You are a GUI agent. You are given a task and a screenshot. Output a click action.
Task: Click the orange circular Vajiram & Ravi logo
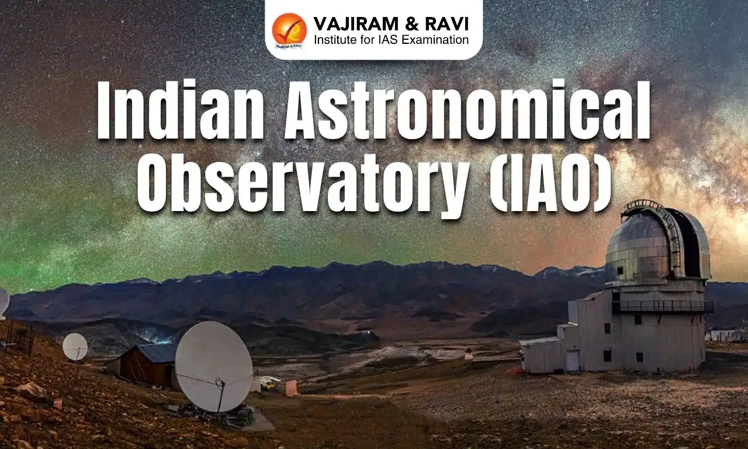point(289,30)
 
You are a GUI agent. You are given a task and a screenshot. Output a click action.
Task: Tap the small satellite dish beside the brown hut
point(75,346)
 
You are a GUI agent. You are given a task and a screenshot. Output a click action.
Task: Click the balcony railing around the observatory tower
point(663,306)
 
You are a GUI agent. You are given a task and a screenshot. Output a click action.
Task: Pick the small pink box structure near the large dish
point(287,388)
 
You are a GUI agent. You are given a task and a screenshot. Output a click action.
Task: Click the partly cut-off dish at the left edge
point(4,302)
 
